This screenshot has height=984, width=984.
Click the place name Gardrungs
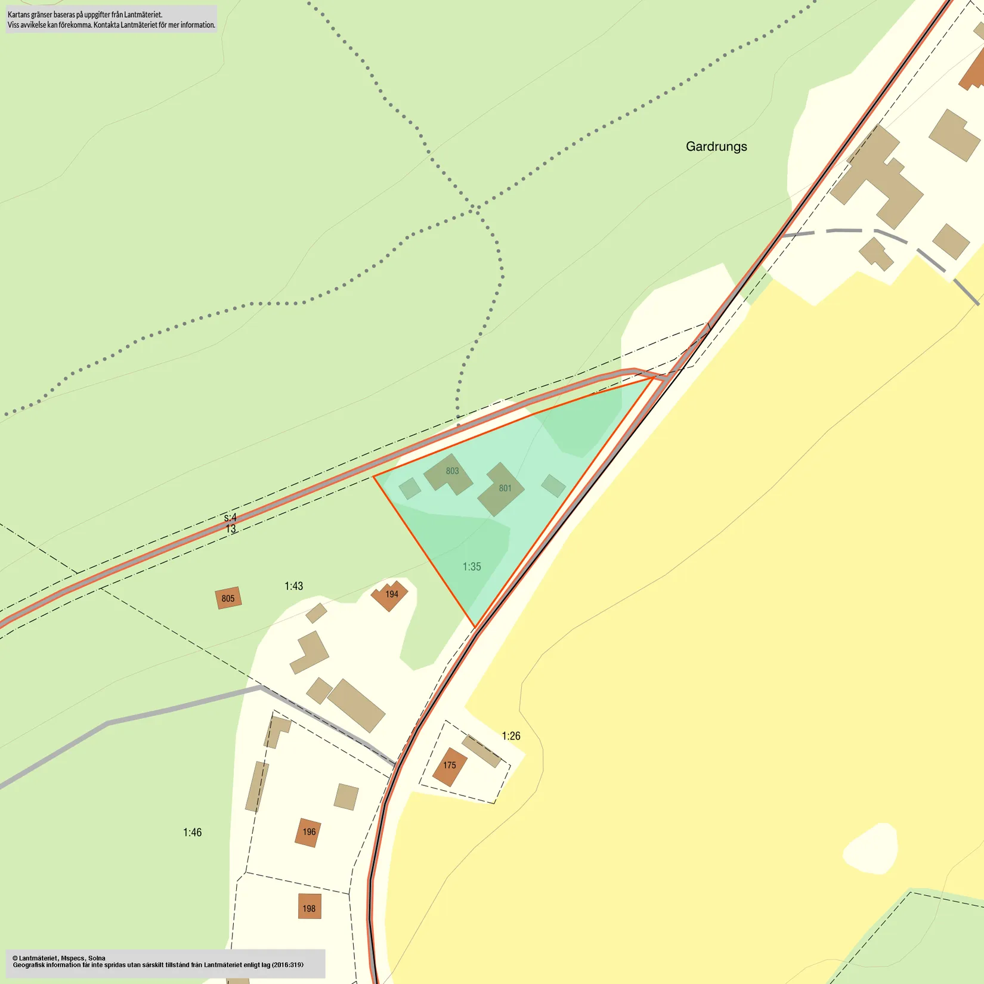point(716,147)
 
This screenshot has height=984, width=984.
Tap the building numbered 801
point(502,490)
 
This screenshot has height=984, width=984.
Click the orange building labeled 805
point(228,598)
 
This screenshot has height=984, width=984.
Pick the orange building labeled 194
point(390,595)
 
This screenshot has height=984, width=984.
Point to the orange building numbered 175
point(449,766)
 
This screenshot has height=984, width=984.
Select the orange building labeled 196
point(308,833)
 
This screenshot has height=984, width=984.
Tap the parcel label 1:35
point(472,567)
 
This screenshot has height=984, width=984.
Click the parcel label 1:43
point(293,586)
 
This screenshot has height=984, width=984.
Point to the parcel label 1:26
point(511,736)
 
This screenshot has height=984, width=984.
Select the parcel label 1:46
point(192,833)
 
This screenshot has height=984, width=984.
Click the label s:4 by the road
point(230,518)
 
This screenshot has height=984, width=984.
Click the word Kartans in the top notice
point(18,14)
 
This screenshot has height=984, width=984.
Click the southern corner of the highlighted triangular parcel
point(475,627)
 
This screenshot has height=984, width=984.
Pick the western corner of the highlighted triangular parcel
point(374,476)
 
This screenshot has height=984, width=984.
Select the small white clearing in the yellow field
point(871,850)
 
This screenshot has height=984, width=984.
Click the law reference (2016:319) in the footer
point(287,965)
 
